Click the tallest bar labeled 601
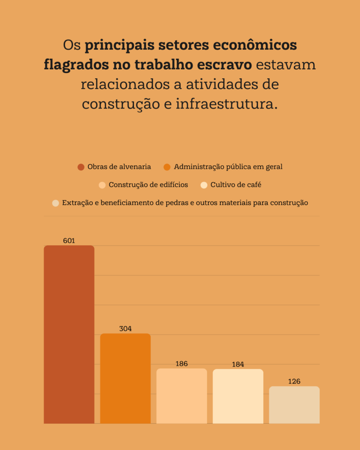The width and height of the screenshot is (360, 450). (69, 334)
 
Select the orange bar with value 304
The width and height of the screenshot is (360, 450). (125, 378)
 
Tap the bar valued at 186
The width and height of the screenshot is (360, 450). (182, 396)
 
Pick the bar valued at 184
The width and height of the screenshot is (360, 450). (238, 396)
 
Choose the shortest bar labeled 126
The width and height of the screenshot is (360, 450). (294, 405)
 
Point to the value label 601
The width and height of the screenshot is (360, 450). (69, 241)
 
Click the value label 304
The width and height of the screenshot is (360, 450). (125, 329)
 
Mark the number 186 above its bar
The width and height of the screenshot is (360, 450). (182, 364)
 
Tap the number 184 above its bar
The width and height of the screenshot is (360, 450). (238, 364)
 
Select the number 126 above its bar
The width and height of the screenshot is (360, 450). (294, 381)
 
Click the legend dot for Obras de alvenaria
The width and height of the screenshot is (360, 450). (81, 167)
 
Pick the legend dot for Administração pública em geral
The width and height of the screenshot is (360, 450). (167, 167)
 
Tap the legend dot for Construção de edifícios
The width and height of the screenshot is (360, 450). (102, 185)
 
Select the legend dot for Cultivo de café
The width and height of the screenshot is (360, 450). (204, 185)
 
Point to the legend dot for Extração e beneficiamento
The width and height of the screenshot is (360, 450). (55, 203)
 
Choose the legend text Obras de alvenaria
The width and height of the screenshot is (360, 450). (119, 167)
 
